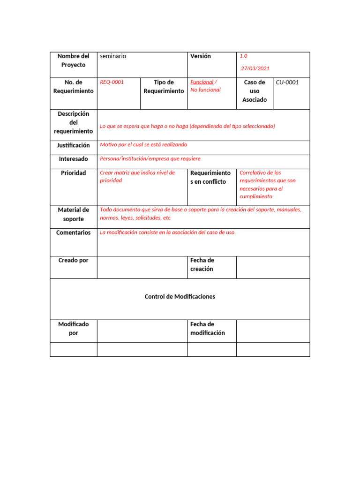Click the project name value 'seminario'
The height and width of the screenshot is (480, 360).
[x=113, y=56]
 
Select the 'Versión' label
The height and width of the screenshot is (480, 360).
[x=201, y=56]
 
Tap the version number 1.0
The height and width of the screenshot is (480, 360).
[x=244, y=56]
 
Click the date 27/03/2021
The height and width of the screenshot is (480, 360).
[x=255, y=68]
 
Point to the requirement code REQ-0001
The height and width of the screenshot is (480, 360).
[x=112, y=82]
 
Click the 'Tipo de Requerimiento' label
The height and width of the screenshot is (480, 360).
[x=164, y=87]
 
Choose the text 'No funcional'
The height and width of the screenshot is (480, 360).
[x=205, y=90]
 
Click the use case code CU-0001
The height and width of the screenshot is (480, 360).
[x=287, y=82]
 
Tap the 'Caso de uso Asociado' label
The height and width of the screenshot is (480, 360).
[x=255, y=91]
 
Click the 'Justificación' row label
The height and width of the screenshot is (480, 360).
[x=74, y=146]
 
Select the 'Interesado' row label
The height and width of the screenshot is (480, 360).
[x=73, y=159]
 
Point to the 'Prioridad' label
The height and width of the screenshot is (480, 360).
[x=73, y=173]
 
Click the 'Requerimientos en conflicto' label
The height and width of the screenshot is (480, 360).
[x=210, y=177]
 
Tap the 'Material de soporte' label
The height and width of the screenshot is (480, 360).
[x=73, y=214]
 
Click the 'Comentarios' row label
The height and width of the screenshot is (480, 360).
[x=73, y=233]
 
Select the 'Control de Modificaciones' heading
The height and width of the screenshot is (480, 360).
[x=180, y=297]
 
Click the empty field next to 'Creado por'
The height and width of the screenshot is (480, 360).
[x=142, y=267]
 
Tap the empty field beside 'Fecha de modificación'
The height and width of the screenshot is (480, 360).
[x=273, y=331]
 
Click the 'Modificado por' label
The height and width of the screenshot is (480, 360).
[x=73, y=329]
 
